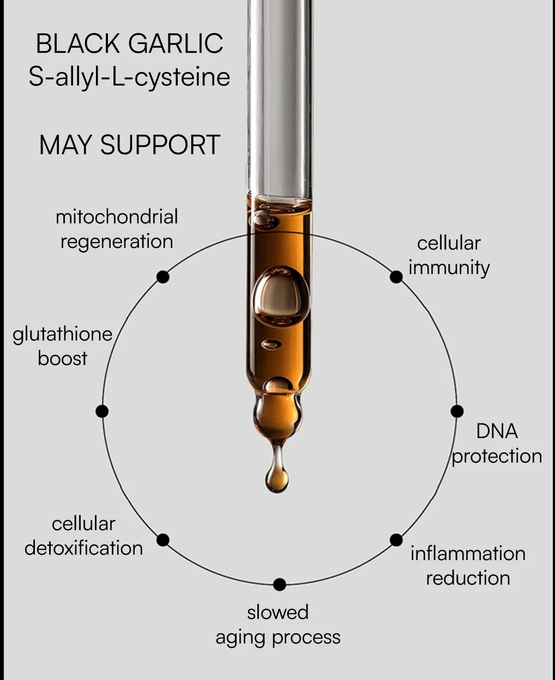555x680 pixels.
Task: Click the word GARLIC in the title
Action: point(176,44)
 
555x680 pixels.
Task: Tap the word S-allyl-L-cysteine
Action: point(129,78)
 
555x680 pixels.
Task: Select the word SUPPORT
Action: point(160,145)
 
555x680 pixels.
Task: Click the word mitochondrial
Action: point(117,216)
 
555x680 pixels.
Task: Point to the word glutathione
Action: point(63,335)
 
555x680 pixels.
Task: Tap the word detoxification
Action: point(84,548)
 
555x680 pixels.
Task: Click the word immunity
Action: point(449,269)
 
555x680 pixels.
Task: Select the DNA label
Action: point(497,431)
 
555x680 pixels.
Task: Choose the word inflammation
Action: point(468,554)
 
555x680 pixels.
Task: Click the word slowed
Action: point(278,612)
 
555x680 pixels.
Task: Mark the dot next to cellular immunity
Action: point(396,277)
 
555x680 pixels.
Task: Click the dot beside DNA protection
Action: point(457,411)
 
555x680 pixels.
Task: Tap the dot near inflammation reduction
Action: point(396,540)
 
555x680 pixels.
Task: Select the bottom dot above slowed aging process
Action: point(280,585)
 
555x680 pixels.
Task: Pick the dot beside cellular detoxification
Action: point(163,540)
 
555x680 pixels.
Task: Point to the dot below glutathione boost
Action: point(102,411)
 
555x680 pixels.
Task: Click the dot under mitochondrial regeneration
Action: point(163,277)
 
